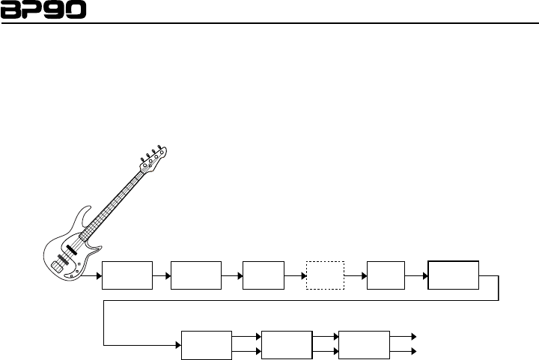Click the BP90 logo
[43, 10]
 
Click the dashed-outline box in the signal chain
[325, 276]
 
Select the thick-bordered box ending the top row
[453, 275]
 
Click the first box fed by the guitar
[127, 276]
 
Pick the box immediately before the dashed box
[264, 276]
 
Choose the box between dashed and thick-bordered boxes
[386, 276]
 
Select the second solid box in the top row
[196, 276]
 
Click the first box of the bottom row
[207, 344]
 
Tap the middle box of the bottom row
[286, 344]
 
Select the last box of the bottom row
[364, 344]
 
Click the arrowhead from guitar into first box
[99, 276]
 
